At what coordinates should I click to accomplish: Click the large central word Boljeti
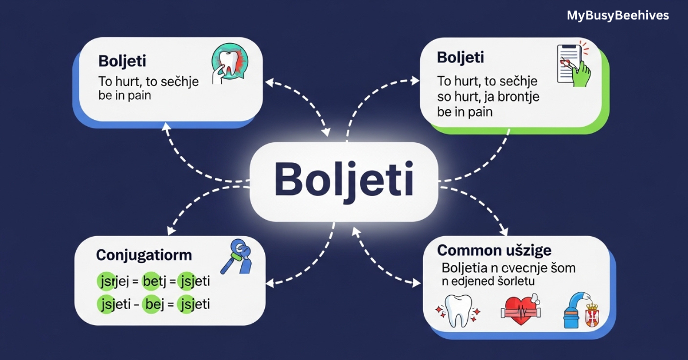[343, 181]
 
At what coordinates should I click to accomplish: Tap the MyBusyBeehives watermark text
[617, 15]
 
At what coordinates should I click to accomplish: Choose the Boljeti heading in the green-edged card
[460, 57]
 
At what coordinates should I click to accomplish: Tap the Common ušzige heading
[494, 250]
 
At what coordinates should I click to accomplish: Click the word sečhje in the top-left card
[176, 81]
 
